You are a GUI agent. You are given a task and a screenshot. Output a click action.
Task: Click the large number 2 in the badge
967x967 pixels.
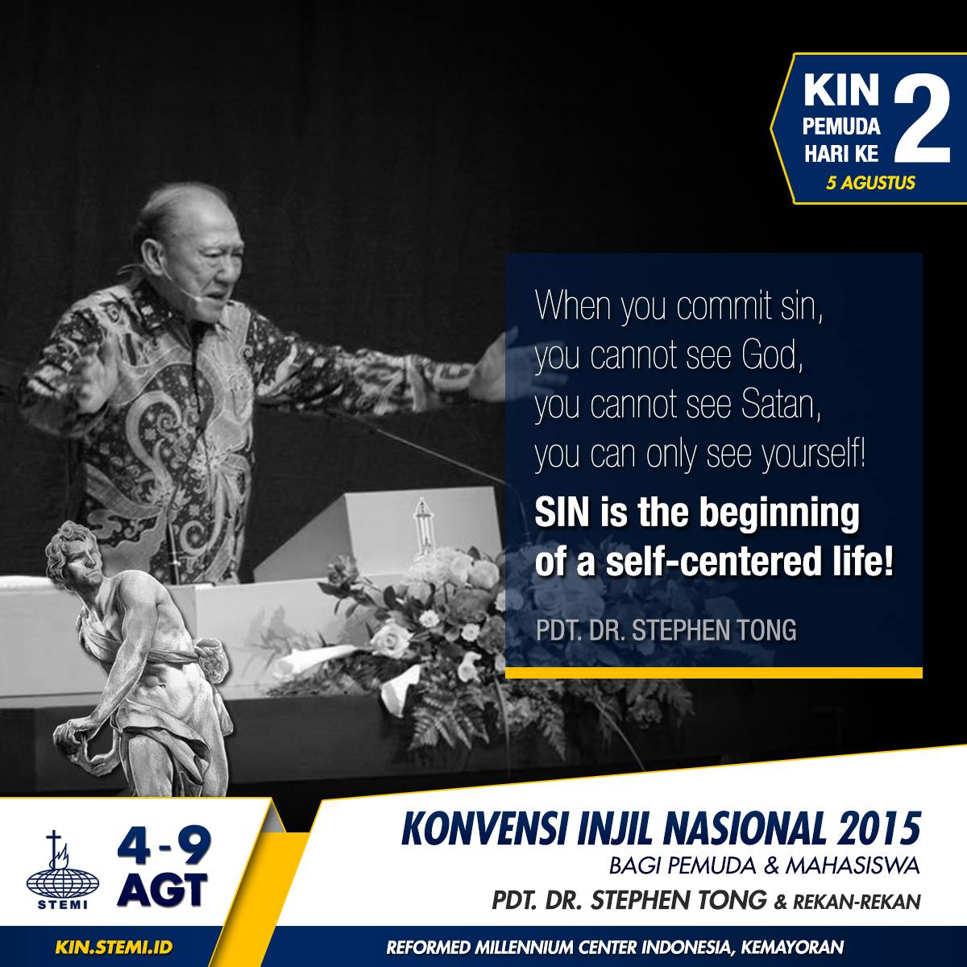coord(921,118)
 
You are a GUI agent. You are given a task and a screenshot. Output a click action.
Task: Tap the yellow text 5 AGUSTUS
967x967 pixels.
coord(870,182)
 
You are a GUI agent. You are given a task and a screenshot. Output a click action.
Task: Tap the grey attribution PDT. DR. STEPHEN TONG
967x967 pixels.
coord(666,631)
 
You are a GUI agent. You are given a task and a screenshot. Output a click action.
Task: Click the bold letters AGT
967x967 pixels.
coord(163,889)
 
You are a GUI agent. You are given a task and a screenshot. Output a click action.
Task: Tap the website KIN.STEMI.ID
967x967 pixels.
coord(114,947)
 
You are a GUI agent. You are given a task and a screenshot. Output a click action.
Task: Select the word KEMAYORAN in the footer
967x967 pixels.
coord(793,947)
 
